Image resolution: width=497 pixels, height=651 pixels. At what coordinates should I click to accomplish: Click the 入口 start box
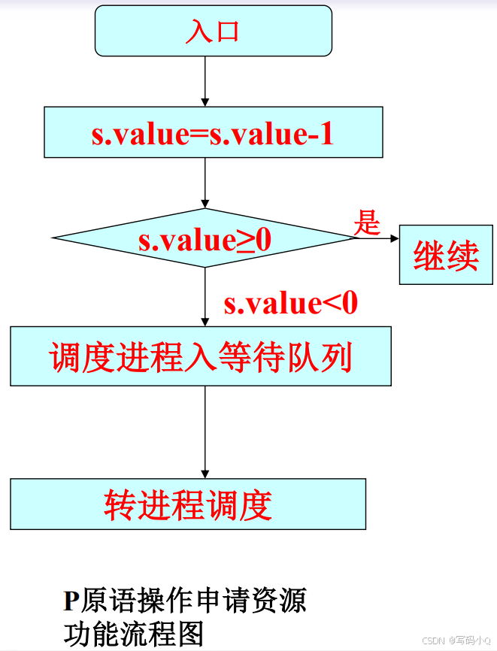(x=213, y=31)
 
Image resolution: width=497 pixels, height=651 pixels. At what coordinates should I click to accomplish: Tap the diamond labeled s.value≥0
(x=204, y=238)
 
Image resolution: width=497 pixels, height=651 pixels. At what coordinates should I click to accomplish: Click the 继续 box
(x=446, y=255)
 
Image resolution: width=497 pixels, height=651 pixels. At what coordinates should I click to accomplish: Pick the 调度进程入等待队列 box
(x=201, y=356)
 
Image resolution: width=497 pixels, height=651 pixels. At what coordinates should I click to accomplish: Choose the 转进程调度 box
(x=188, y=504)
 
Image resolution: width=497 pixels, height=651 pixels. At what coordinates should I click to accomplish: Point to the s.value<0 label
(x=290, y=303)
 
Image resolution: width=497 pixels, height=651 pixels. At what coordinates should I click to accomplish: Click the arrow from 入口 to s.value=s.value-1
(x=205, y=81)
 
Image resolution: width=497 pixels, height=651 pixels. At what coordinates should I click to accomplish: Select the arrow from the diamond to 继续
(x=377, y=238)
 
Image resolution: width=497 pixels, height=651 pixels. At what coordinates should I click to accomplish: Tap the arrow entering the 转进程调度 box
(x=205, y=432)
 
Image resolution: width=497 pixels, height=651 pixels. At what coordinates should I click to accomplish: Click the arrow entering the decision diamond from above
(x=205, y=183)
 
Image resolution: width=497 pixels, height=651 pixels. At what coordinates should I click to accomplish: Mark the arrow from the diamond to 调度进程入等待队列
(x=205, y=297)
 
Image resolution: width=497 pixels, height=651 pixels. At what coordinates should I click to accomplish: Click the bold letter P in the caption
(x=71, y=601)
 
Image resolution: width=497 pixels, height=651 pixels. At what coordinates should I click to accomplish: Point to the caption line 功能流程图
(x=134, y=634)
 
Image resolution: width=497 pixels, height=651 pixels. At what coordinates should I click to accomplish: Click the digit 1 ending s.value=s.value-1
(x=325, y=133)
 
